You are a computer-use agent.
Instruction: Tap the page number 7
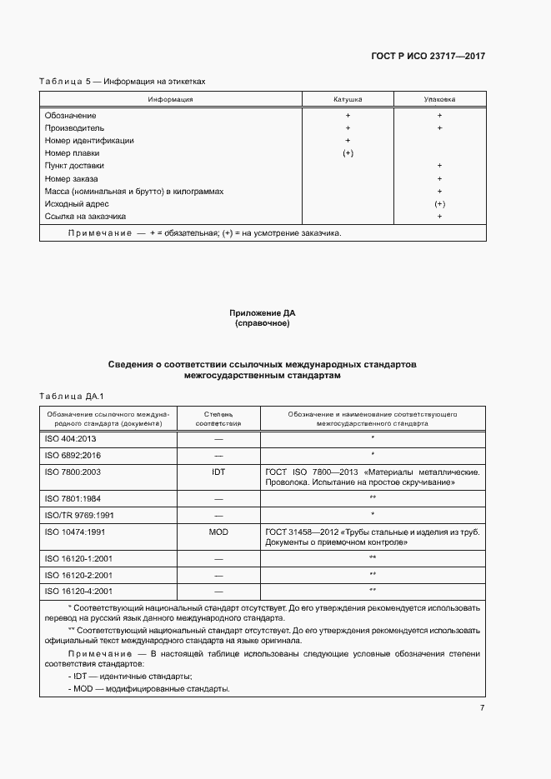pyautogui.click(x=482, y=707)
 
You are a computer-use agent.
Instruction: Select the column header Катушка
pyautogui.click(x=348, y=99)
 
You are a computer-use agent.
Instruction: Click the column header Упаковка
pyautogui.click(x=439, y=99)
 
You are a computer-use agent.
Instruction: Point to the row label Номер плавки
pyautogui.click(x=73, y=153)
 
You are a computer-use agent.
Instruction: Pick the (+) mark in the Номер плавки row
pyautogui.click(x=348, y=153)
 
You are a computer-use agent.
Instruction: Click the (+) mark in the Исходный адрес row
pyautogui.click(x=439, y=204)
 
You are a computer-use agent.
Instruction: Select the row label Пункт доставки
pyautogui.click(x=73, y=166)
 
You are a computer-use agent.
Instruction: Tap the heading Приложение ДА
pyautogui.click(x=263, y=312)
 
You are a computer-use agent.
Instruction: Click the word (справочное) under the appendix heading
pyautogui.click(x=263, y=322)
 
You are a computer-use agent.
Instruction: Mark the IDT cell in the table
pyautogui.click(x=218, y=471)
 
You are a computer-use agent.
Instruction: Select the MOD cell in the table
pyautogui.click(x=218, y=531)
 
